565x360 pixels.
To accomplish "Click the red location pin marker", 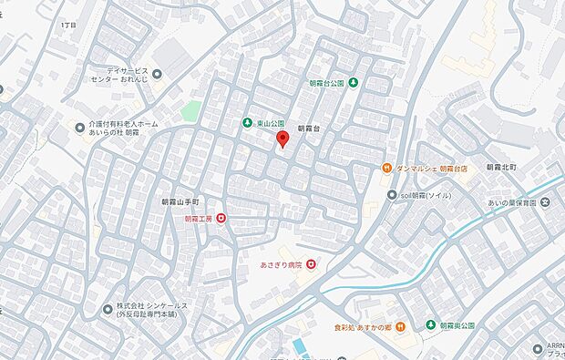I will point(282,139).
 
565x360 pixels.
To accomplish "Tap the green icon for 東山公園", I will point(246,123).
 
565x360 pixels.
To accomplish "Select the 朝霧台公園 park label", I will point(328,84).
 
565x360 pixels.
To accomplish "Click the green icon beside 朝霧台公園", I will point(354,84).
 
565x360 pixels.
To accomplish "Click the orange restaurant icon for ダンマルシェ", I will point(387,169).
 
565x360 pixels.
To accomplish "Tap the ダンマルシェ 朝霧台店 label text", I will point(427,169).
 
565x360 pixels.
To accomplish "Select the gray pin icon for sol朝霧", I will point(391,194).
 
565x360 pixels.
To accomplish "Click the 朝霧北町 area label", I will point(500,168).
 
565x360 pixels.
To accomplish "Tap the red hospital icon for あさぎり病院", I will point(312,264).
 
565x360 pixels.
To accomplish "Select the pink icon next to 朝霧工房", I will point(221,219).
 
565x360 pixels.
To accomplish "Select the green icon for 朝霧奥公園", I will point(430,324).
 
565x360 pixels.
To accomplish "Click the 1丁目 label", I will point(68,26).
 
